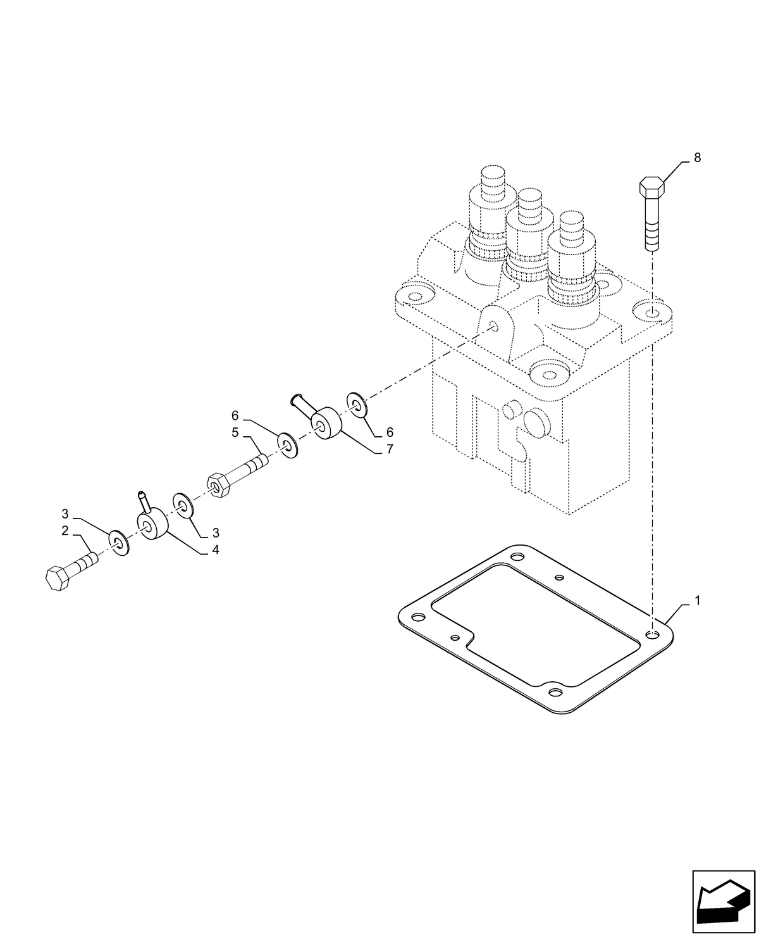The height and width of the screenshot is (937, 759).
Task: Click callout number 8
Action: (x=697, y=158)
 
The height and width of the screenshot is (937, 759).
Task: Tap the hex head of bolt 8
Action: (x=651, y=188)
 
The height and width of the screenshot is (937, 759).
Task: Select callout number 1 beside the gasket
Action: (x=697, y=600)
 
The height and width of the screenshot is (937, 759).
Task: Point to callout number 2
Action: (x=65, y=531)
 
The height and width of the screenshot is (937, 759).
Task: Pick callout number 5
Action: (x=235, y=433)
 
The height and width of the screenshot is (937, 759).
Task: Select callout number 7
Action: (x=390, y=450)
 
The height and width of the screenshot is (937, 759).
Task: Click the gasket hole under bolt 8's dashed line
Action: (x=653, y=634)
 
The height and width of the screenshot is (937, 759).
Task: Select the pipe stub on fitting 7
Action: (x=302, y=405)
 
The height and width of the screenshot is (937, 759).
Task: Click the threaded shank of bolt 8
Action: (x=652, y=228)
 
